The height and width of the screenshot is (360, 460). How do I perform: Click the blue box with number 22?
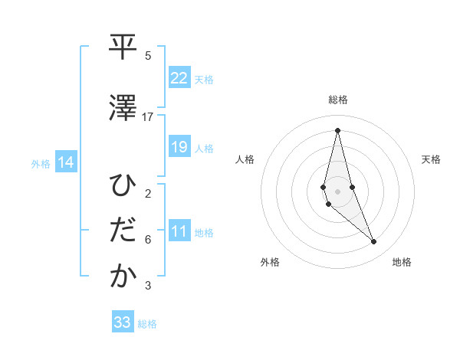coord(179,78)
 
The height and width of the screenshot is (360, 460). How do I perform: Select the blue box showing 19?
coord(179,147)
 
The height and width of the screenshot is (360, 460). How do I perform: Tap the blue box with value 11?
coord(179,231)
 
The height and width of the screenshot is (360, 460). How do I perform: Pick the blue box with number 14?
coord(66,162)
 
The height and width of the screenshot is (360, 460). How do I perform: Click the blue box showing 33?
coord(123,322)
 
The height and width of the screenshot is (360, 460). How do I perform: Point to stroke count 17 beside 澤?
coord(148,117)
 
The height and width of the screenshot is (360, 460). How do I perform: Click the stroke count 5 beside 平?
coord(148,56)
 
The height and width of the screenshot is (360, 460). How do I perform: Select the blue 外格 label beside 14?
coord(41,163)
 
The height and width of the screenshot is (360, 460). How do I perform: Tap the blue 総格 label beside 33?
coord(147,324)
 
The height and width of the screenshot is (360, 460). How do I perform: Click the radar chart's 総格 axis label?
coord(337,100)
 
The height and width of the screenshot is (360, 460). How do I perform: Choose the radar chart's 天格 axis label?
coord(432,159)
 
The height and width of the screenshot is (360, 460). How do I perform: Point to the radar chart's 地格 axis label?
coord(402,262)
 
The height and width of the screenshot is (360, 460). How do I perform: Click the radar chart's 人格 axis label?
coord(245,159)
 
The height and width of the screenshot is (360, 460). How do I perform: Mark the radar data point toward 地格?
coord(373,242)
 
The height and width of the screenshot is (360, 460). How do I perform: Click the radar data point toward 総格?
coord(337,129)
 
